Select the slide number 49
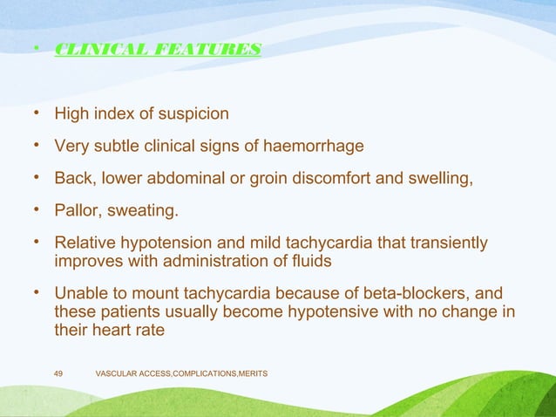pos(58,373)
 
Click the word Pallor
pos(77,210)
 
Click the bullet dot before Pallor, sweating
pos(36,210)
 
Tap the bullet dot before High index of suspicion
pos(36,114)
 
